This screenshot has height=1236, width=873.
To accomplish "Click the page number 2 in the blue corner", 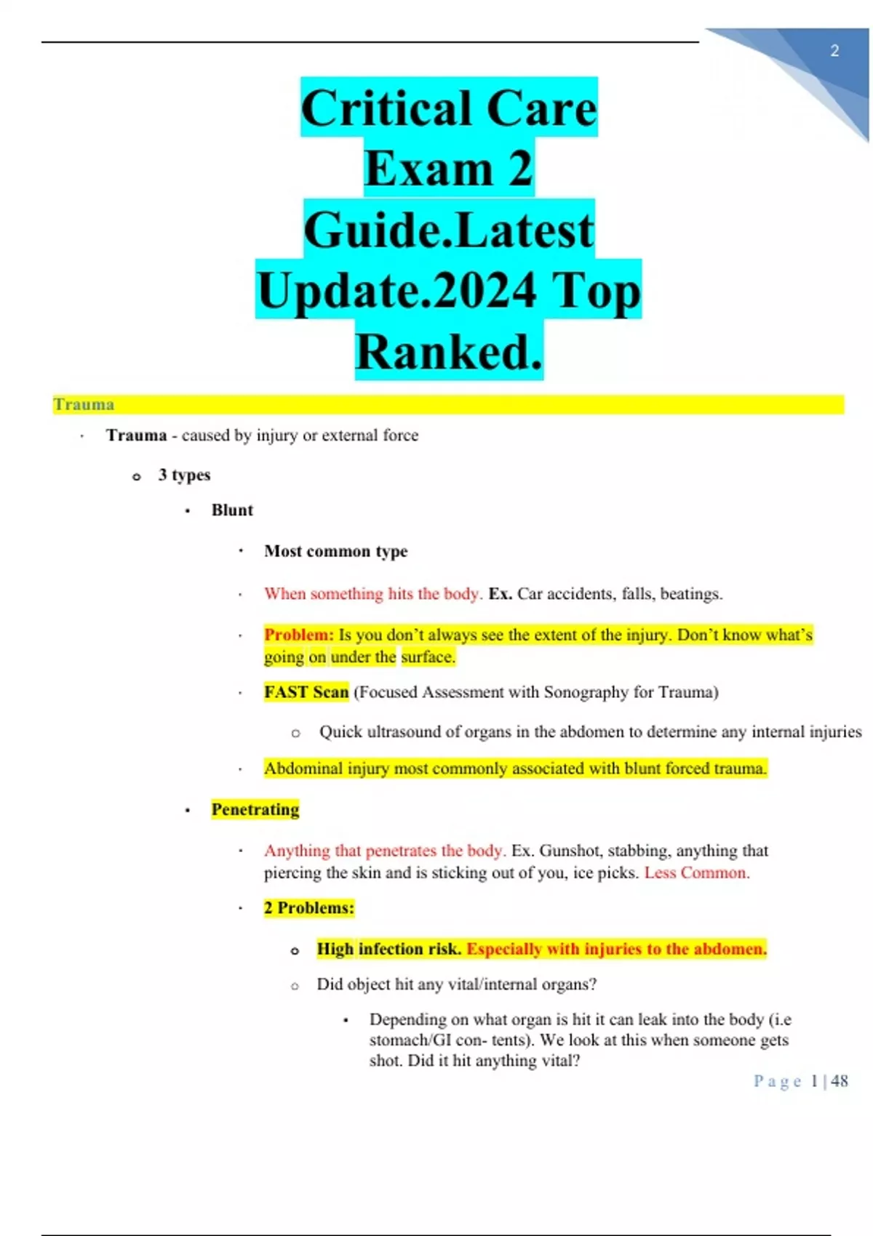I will click(x=834, y=51).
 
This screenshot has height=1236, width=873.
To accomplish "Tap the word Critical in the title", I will click(x=386, y=109).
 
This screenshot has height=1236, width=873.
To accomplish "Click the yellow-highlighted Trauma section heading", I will click(x=84, y=404).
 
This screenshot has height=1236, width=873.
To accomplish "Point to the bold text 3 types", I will click(x=184, y=475).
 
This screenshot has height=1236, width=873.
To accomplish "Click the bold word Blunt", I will click(x=232, y=510).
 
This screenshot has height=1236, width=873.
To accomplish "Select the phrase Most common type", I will click(x=335, y=551).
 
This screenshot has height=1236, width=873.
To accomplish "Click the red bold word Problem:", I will click(x=299, y=635).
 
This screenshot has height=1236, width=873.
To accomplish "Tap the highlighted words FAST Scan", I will click(x=306, y=692).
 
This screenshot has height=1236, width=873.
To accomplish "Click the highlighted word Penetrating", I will click(x=255, y=810).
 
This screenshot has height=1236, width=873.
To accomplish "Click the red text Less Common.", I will click(x=696, y=872).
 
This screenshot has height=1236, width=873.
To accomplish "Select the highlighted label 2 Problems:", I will click(x=308, y=908).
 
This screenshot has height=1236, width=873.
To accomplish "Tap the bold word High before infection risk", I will click(x=335, y=950).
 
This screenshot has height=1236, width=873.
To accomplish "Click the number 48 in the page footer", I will click(x=840, y=1081).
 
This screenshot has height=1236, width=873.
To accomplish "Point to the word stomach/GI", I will click(x=410, y=1040).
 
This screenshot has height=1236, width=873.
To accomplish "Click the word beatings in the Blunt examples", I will click(x=690, y=594).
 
